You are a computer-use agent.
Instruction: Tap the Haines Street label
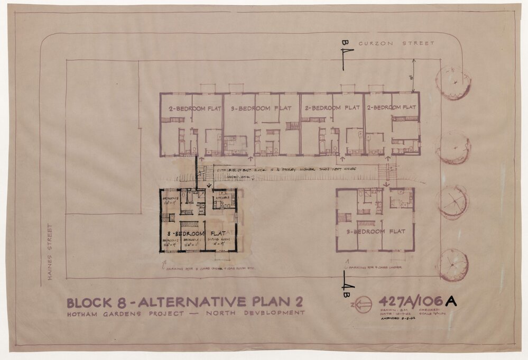click(51, 251)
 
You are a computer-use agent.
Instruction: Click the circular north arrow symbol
click(363, 305)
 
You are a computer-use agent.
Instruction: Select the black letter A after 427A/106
click(451, 301)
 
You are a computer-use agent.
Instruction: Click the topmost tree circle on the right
click(453, 82)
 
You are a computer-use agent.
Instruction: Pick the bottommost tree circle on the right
click(452, 265)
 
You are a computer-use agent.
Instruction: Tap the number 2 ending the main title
click(299, 302)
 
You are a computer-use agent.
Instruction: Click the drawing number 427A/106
click(411, 301)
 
